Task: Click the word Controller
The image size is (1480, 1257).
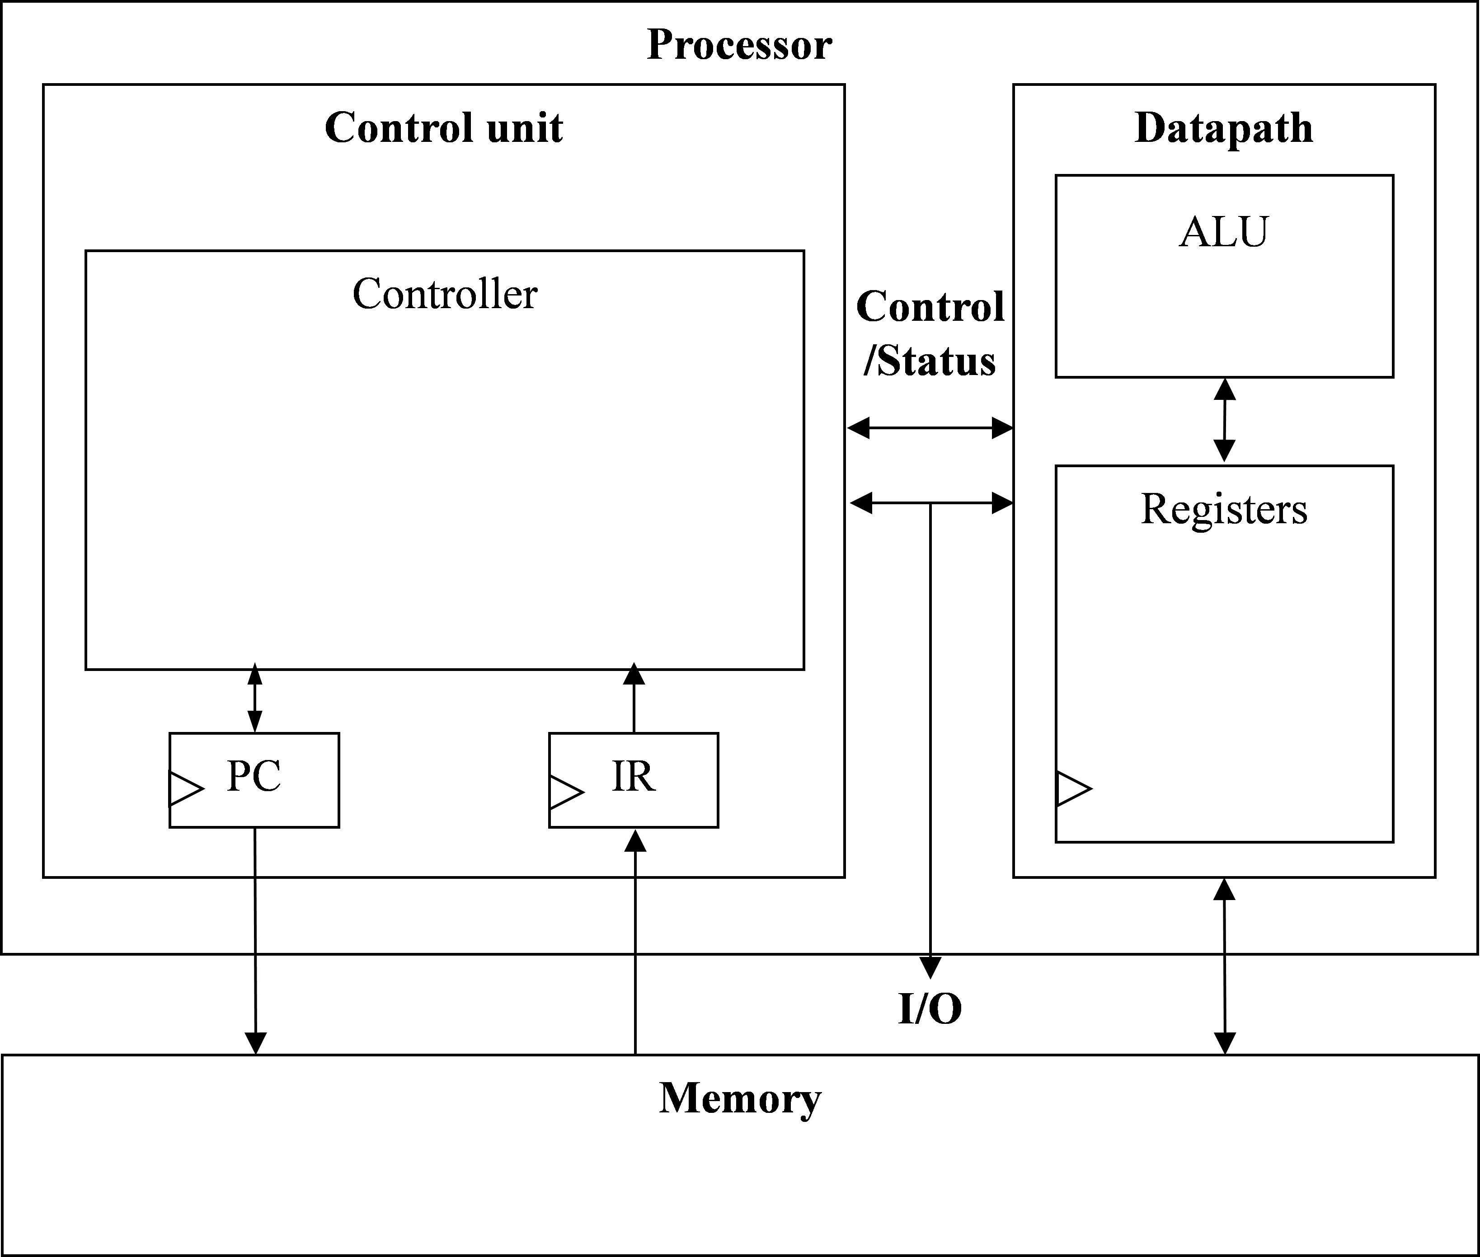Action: (445, 294)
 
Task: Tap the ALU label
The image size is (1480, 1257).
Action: (1223, 232)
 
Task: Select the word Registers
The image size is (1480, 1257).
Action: (1223, 510)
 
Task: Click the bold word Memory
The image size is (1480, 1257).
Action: (740, 1098)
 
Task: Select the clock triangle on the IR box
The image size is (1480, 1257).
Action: (566, 792)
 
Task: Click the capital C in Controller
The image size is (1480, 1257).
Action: (368, 294)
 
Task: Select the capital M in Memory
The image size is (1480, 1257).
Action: (679, 1098)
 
